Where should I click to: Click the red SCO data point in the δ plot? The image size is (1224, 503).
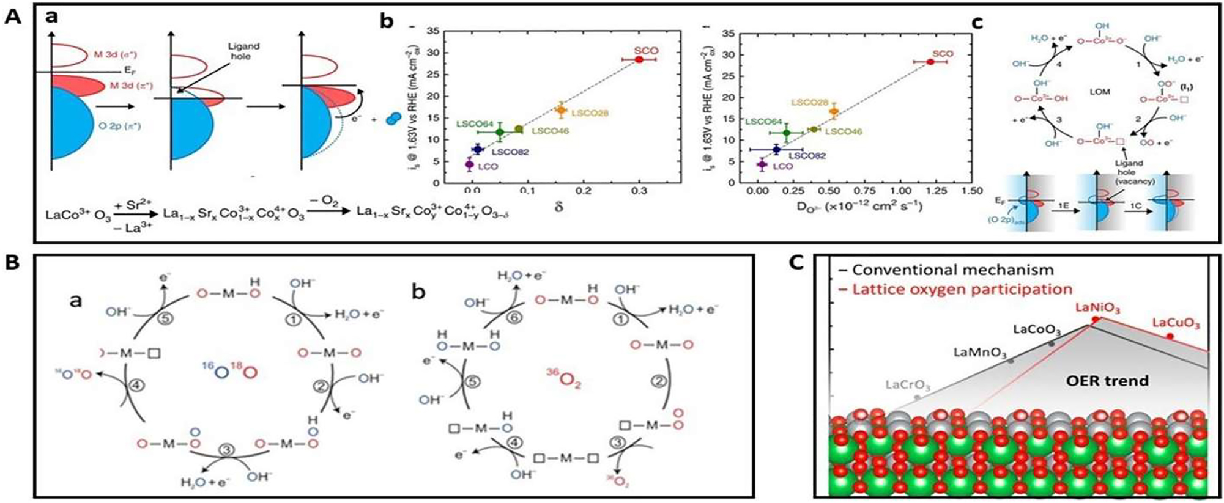[x=639, y=59]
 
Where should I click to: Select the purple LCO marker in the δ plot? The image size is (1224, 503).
[x=469, y=164]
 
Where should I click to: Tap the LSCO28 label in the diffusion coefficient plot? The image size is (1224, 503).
[x=809, y=102]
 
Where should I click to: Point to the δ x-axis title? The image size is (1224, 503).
[x=558, y=207]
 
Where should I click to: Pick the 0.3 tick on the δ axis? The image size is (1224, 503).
[x=639, y=191]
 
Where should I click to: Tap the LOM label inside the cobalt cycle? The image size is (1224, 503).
[x=1099, y=92]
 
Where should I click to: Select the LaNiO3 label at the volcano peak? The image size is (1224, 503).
[x=1097, y=309]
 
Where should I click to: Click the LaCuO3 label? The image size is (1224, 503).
[x=1175, y=323]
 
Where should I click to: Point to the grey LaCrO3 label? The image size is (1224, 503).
[x=908, y=386]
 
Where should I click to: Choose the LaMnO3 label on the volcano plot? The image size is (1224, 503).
[x=980, y=353]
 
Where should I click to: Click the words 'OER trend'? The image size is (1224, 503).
[x=1107, y=381]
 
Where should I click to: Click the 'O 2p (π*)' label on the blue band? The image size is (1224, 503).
[x=120, y=126]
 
